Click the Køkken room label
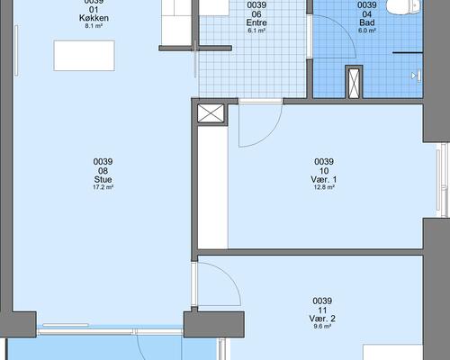(x=94, y=18)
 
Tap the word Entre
(x=256, y=22)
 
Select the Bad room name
(x=367, y=22)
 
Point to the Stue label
(x=103, y=179)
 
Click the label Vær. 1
(x=324, y=179)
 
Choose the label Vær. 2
(x=322, y=319)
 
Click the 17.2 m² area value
(x=103, y=187)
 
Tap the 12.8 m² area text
(x=324, y=187)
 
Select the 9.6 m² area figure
(x=322, y=327)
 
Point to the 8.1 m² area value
(x=94, y=26)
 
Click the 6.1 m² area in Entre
(x=256, y=31)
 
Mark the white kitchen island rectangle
(x=85, y=56)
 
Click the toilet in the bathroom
(x=403, y=6)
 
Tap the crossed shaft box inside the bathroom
(x=354, y=82)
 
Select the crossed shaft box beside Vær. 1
(x=211, y=113)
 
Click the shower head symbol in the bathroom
(x=417, y=76)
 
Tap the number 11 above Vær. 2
(x=322, y=310)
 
